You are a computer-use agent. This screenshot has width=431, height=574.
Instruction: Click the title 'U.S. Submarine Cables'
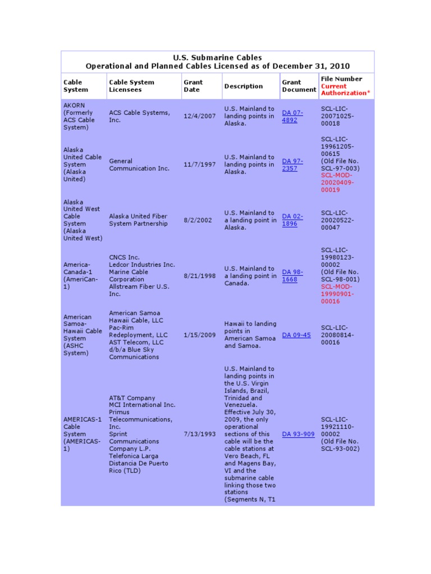pyautogui.click(x=217, y=58)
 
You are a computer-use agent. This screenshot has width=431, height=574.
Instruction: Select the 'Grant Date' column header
pyautogui.click(x=193, y=86)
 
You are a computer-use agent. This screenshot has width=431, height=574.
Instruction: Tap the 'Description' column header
pyautogui.click(x=243, y=86)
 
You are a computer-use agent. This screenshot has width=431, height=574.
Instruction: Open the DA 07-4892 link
pyautogui.click(x=292, y=116)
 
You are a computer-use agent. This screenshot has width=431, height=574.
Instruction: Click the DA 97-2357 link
pyautogui.click(x=291, y=165)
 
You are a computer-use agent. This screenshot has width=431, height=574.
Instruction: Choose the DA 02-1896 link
pyautogui.click(x=292, y=220)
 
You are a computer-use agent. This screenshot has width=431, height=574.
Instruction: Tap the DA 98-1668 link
pyautogui.click(x=292, y=276)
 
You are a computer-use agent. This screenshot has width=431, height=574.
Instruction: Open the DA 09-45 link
pyautogui.click(x=296, y=335)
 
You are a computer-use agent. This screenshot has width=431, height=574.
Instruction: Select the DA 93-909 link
pyautogui.click(x=298, y=434)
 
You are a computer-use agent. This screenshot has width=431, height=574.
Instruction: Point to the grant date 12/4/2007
pyautogui.click(x=199, y=116)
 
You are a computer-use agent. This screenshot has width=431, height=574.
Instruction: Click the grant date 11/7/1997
pyautogui.click(x=199, y=165)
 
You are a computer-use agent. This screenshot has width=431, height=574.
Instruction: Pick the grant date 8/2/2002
pyautogui.click(x=198, y=220)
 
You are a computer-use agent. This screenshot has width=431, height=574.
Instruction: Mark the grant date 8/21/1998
pyautogui.click(x=199, y=276)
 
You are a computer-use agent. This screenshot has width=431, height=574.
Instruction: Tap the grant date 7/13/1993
pyautogui.click(x=199, y=434)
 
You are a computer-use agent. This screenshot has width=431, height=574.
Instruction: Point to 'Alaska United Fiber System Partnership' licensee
pyautogui.click(x=138, y=220)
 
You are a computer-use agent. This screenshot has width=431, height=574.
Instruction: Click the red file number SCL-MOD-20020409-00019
pyautogui.click(x=338, y=182)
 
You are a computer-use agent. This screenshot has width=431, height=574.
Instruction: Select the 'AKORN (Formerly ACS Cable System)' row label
pyautogui.click(x=80, y=116)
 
